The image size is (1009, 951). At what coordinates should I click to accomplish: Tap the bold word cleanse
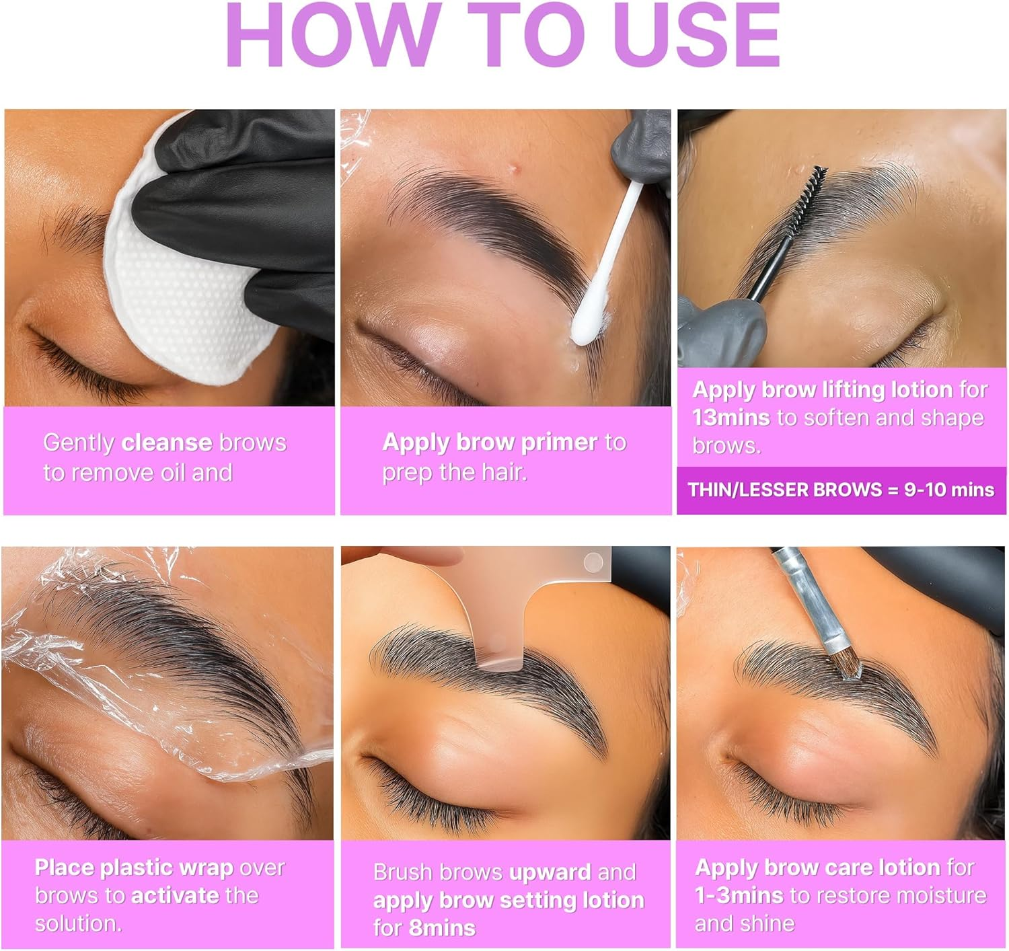166,443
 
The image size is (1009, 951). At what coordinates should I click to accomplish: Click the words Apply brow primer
490,442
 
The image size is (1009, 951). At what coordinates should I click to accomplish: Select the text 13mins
731,418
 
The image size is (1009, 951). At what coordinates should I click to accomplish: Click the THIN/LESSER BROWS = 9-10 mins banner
841,490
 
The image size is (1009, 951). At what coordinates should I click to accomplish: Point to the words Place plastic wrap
134,868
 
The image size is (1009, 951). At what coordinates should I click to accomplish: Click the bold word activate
175,895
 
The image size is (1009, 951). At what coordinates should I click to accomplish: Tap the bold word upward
550,872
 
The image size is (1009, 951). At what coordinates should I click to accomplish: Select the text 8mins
442,928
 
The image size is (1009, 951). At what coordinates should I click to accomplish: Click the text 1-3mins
739,895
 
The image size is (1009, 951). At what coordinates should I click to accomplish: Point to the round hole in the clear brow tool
593,562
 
